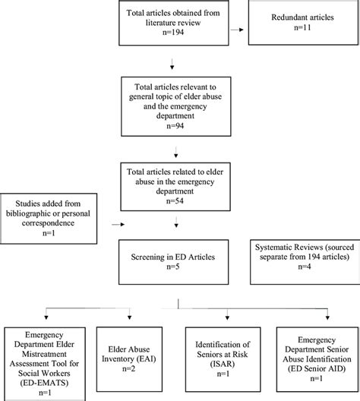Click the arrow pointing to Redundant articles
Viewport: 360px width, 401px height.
point(242,30)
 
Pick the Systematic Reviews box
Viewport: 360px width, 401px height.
point(302,260)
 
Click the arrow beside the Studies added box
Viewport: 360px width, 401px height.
point(115,224)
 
